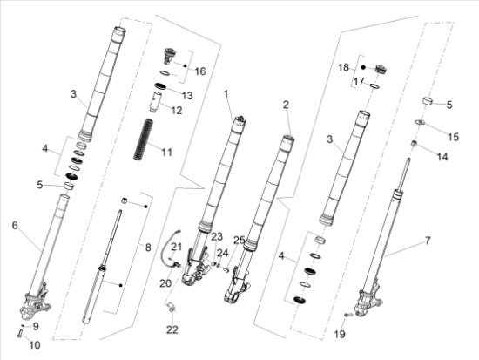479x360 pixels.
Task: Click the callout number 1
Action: click(225, 92)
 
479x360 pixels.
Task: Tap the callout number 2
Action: click(285, 105)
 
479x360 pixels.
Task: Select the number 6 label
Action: click(14, 225)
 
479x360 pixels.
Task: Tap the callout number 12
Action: click(178, 111)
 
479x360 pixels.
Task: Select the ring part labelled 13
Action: click(161, 85)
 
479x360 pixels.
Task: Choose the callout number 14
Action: click(442, 157)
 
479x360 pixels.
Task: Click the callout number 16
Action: click(199, 71)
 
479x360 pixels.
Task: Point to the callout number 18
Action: click(342, 66)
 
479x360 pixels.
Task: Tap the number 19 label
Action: click(341, 334)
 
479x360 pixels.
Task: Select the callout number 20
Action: click(165, 283)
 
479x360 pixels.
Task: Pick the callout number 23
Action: click(217, 236)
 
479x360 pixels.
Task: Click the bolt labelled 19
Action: click(350, 315)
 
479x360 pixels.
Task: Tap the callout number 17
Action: click(356, 83)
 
